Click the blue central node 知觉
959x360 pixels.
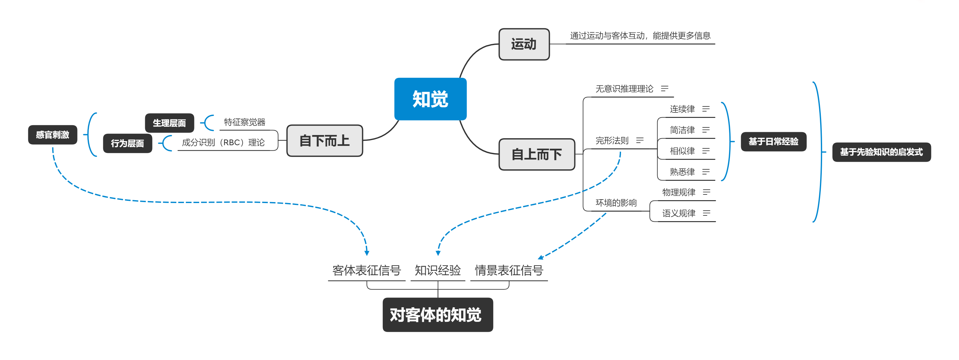point(430,99)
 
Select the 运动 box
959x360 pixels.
point(524,44)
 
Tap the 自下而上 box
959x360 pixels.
point(324,141)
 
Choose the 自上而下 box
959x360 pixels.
point(537,154)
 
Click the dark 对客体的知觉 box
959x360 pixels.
point(437,315)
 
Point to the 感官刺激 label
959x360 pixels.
point(52,135)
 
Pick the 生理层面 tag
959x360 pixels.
point(169,123)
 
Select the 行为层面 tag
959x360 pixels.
point(127,143)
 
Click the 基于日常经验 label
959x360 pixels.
point(773,142)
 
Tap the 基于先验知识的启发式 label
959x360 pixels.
point(881,152)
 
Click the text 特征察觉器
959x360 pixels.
point(245,122)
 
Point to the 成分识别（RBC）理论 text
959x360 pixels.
point(223,143)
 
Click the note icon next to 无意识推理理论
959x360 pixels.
point(665,89)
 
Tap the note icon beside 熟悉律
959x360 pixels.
point(706,172)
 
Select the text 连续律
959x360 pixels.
point(682,109)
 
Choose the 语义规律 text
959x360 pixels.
point(678,213)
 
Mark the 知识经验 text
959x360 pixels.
point(437,270)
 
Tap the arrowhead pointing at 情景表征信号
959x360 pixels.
point(541,257)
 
